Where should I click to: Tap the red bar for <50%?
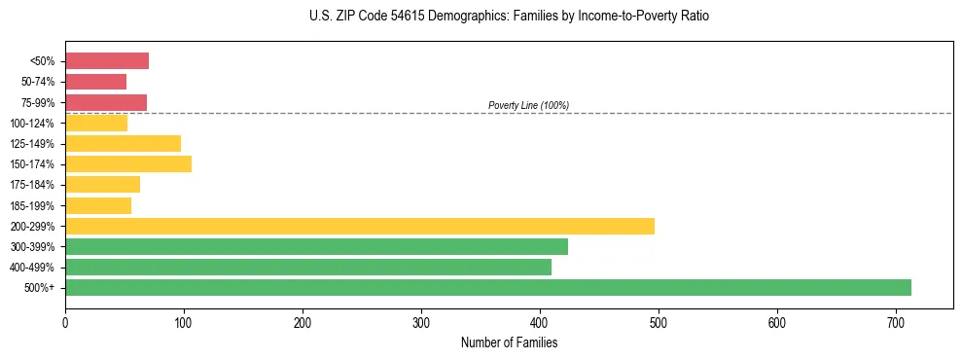coord(106,61)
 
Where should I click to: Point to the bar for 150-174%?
coord(127,163)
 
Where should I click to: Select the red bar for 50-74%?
coord(95,82)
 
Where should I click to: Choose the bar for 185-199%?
coord(97,205)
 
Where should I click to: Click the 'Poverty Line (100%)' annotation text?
coord(528,105)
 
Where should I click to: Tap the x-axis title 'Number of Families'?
coord(509,342)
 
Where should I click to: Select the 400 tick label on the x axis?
coord(540,323)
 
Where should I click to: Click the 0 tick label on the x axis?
coord(65,323)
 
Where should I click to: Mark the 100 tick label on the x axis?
coord(184,323)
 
